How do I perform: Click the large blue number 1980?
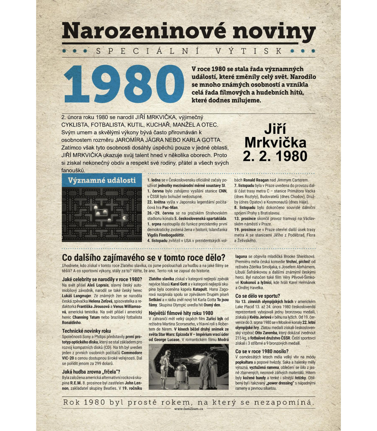[x=123, y=85]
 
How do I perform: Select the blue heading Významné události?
[x=102, y=180]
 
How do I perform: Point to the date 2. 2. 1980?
[x=275, y=156]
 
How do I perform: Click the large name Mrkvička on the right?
[x=275, y=142]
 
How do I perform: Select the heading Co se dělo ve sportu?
[x=257, y=296]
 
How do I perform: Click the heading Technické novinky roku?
[x=86, y=331]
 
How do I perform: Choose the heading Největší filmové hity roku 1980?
[x=181, y=313]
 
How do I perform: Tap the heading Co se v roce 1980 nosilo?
[x=262, y=351]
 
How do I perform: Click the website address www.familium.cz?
[x=188, y=409]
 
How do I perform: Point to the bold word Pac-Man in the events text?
[x=170, y=208]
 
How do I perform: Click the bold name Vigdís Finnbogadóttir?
[x=166, y=235]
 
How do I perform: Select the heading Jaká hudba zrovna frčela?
[x=91, y=372]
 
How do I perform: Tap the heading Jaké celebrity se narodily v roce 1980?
[x=102, y=279]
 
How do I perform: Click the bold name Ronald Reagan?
[x=256, y=180]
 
